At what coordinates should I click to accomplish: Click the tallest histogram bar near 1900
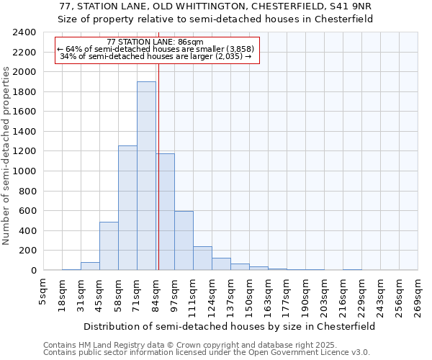[x=146, y=176]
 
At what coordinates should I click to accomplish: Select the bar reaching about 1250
[x=127, y=209]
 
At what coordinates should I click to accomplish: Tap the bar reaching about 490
[x=109, y=246]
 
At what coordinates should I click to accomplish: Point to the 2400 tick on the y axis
[x=25, y=32]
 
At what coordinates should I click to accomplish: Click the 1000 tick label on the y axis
[x=25, y=171]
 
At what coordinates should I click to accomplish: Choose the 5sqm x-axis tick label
[x=44, y=294]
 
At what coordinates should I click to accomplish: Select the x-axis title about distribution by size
[x=230, y=326]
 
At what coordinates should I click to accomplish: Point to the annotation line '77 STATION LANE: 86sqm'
[x=155, y=42]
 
